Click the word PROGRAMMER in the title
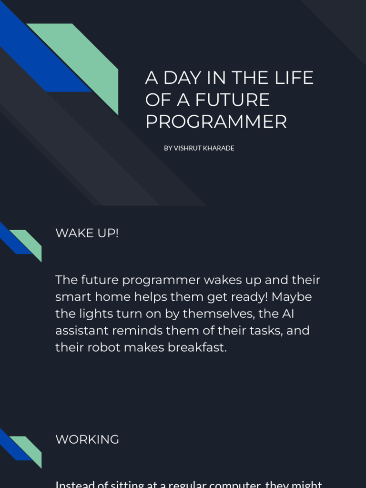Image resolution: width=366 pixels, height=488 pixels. [216, 122]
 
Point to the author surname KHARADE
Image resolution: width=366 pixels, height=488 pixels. [218, 148]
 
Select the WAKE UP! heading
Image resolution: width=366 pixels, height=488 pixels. [87, 233]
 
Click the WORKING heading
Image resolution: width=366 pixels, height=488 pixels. [87, 439]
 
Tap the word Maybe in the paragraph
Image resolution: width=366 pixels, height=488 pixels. [292, 297]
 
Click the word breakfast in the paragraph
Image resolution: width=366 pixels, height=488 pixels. [197, 347]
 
